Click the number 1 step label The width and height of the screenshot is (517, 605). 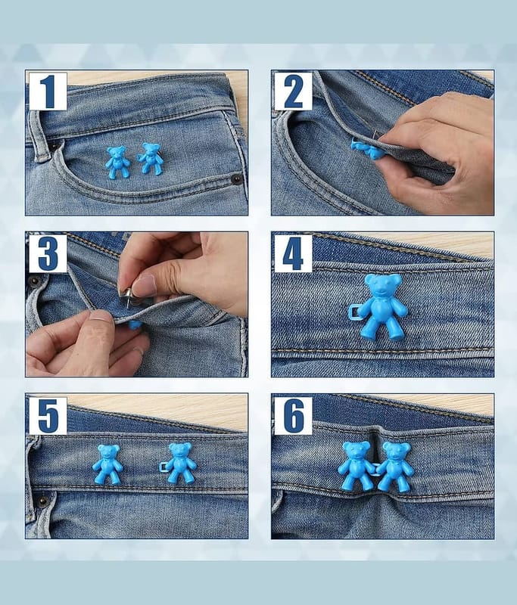pyautogui.click(x=48, y=92)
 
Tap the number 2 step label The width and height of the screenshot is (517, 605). pyautogui.click(x=294, y=92)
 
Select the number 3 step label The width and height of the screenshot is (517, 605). pyautogui.click(x=48, y=253)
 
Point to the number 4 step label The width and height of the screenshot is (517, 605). pyautogui.click(x=294, y=253)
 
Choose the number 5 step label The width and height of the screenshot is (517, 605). pyautogui.click(x=48, y=415)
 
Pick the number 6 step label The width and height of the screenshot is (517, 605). pyautogui.click(x=294, y=415)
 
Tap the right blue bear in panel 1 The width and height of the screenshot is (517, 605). pyautogui.click(x=150, y=159)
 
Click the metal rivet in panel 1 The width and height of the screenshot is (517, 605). pyautogui.click(x=236, y=178)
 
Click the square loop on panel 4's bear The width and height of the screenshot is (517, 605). pyautogui.click(x=354, y=312)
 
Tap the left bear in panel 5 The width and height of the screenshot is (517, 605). pyautogui.click(x=107, y=464)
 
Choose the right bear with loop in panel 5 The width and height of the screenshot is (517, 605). pyautogui.click(x=178, y=463)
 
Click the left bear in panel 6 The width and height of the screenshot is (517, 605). pyautogui.click(x=355, y=466)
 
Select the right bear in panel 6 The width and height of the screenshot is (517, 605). pyautogui.click(x=394, y=467)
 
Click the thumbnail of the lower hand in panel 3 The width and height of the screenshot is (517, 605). pyautogui.click(x=100, y=316)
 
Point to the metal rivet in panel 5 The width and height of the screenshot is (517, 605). pyautogui.click(x=42, y=501)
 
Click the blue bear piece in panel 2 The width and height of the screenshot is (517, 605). pyautogui.click(x=368, y=150)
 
